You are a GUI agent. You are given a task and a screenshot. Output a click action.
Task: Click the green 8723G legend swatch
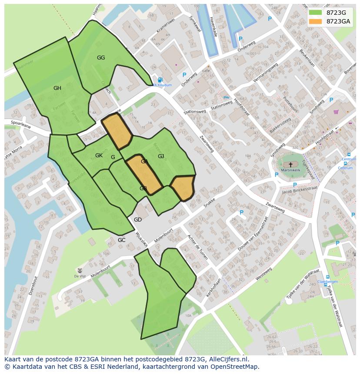tap(316, 13)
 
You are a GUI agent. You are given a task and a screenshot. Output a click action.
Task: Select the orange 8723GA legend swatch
tap(316, 21)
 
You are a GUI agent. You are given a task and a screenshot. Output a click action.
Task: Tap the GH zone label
tap(57, 88)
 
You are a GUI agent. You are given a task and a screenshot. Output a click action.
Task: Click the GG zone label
tap(101, 58)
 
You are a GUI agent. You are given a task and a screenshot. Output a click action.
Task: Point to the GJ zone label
tap(161, 156)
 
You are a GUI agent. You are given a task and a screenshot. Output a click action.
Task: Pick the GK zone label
tap(99, 156)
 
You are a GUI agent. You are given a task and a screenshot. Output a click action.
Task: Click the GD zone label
tap(138, 220)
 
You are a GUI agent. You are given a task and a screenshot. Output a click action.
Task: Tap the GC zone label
tap(121, 240)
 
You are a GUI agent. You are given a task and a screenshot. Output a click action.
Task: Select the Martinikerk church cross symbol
tap(290, 165)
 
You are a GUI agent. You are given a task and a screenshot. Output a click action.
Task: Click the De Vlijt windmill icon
tap(80, 270)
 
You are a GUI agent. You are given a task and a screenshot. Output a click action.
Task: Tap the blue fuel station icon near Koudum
tap(160, 80)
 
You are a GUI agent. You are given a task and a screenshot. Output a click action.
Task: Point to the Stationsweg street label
tap(195, 112)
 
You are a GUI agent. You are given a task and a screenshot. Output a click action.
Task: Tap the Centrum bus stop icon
tap(345, 164)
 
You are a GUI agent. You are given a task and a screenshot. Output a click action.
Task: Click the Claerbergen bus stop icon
tap(327, 277)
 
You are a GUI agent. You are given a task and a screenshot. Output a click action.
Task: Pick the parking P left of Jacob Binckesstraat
tap(277, 175)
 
